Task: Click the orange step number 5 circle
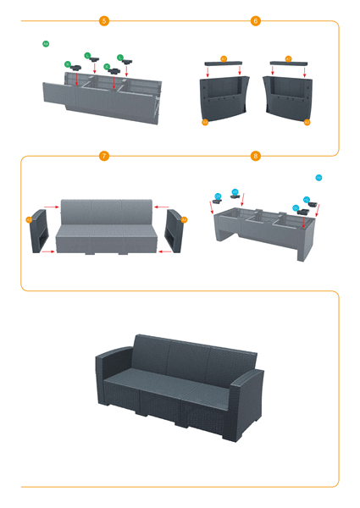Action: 104,20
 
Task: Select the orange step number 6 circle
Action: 256,20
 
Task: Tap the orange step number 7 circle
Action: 104,156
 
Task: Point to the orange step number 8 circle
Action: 256,156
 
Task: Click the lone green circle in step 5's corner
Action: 46,43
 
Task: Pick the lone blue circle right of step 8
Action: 318,178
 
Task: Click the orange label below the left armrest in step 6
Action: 205,123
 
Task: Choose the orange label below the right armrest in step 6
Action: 307,123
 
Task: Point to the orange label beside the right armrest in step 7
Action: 185,219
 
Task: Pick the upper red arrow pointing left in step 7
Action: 163,205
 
